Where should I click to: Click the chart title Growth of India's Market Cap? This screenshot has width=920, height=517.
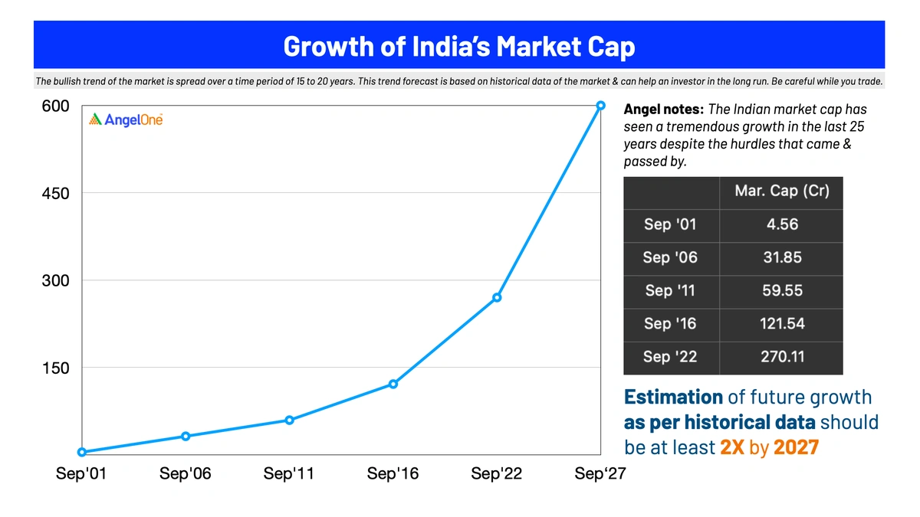458,46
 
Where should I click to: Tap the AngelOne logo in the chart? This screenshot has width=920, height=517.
126,119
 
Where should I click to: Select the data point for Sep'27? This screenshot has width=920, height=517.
601,106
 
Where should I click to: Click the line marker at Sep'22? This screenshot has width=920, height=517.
497,297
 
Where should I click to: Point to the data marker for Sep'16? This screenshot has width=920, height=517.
393,384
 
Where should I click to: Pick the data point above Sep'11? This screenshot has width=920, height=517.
289,420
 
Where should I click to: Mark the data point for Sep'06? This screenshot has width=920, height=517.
186,436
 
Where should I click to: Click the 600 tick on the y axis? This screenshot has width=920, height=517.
55,106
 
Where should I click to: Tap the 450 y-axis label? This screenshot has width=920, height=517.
55,194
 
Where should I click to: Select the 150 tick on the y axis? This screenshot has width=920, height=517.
55,368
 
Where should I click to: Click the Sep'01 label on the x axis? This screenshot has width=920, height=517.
81,474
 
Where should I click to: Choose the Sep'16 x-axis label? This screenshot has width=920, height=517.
393,474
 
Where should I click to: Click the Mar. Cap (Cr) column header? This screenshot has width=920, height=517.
782,191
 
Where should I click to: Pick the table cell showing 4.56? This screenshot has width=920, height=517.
782,224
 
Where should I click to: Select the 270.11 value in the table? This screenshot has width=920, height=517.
782,356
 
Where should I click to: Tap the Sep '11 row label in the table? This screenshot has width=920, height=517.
671,290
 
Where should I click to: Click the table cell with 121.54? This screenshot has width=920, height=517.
782,323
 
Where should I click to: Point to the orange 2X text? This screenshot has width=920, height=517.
732,447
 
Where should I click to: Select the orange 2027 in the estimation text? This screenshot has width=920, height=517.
796,447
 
